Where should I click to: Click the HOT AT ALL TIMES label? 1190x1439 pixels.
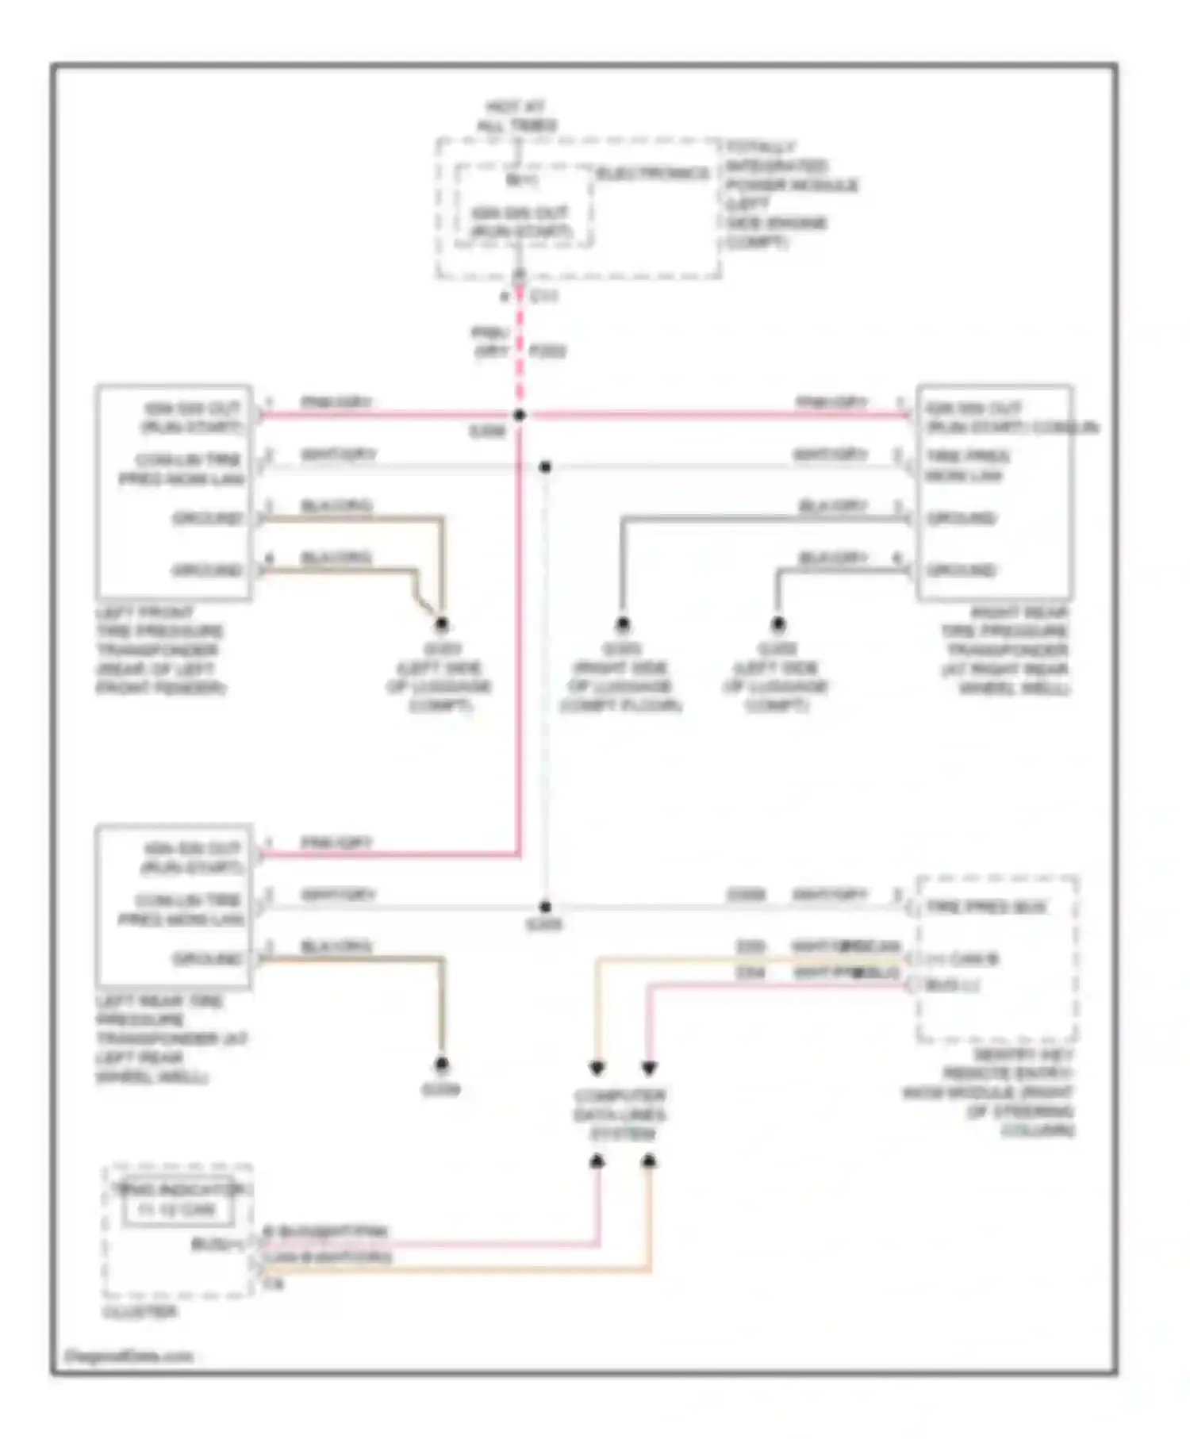[x=516, y=116]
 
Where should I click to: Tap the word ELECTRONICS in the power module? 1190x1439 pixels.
[x=652, y=174]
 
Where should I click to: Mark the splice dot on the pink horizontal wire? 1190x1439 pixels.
[x=519, y=415]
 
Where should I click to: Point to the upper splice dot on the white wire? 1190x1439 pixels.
[x=545, y=467]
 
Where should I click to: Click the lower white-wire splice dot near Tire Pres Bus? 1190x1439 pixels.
[x=545, y=907]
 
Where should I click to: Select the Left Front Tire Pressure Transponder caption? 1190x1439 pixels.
[x=159, y=650]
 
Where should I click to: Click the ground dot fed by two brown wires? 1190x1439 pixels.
[x=441, y=624]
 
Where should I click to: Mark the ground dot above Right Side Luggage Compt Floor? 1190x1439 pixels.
[x=623, y=624]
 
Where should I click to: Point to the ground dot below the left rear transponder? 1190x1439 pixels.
[x=441, y=1064]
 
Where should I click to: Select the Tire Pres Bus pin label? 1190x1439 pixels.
[x=986, y=907]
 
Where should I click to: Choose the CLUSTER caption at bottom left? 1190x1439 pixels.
[x=140, y=1313]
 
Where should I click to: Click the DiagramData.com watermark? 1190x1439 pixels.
[x=129, y=1356]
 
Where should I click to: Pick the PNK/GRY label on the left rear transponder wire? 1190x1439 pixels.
[x=336, y=842]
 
